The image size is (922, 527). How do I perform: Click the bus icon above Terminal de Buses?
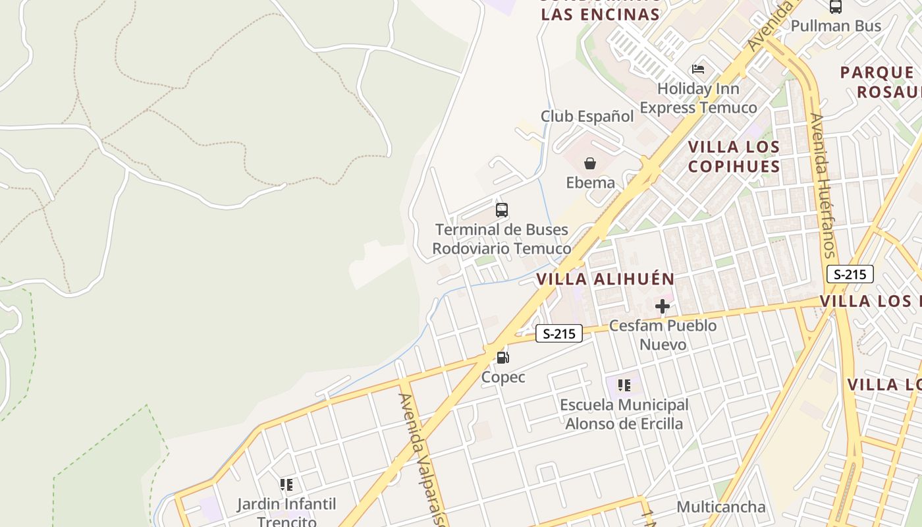tap(502, 210)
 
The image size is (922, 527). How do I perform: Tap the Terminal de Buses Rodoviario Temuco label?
tap(502, 239)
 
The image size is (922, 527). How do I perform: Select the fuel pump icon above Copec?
tap(503, 358)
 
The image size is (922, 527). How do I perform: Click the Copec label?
tap(503, 377)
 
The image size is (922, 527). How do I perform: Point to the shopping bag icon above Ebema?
tap(590, 163)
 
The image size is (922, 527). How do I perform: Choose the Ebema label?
tap(590, 182)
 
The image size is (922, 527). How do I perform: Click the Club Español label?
tap(587, 117)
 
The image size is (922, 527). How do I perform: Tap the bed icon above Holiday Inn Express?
tap(698, 69)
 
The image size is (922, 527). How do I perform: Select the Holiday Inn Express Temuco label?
tap(698, 98)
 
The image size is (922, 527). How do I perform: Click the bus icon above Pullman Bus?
tap(836, 7)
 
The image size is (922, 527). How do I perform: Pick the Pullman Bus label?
tap(836, 26)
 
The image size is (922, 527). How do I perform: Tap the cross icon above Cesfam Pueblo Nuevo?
tap(663, 306)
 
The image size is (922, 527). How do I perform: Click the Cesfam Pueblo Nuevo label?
tap(663, 335)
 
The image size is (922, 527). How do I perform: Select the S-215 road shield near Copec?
tap(559, 333)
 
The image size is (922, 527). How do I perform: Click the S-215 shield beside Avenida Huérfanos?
tap(850, 274)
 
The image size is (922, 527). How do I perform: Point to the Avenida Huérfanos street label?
tap(823, 186)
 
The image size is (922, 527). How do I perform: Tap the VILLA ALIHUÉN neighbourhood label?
tap(605, 279)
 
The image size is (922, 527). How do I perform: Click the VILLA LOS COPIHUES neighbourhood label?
tap(734, 156)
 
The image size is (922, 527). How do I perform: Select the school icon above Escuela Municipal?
tap(624, 385)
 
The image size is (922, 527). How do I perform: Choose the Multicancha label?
tap(721, 507)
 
